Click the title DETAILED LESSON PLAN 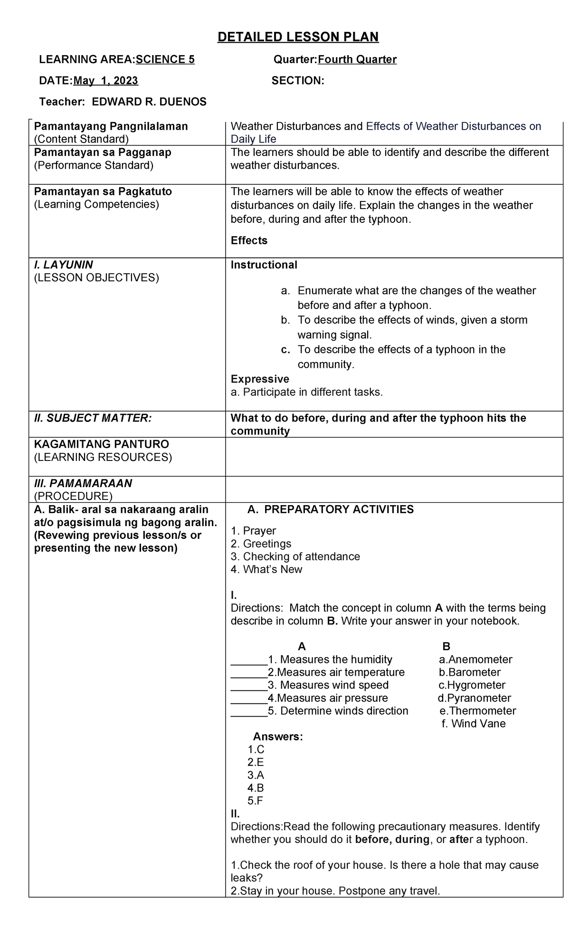coord(298,37)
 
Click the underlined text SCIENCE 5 coord(165,59)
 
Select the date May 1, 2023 coord(105,81)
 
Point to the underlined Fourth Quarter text coord(357,59)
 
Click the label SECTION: coord(298,81)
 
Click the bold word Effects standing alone coord(249,240)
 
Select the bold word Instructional coord(264,265)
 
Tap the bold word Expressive coord(260,379)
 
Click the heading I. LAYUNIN coord(63,265)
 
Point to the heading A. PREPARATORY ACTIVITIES coord(331,509)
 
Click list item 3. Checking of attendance coord(295,556)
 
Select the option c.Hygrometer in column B coord(472,685)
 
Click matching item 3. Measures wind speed coord(328,685)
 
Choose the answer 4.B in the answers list coord(256,788)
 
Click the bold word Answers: coord(278,737)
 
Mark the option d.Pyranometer coord(474,698)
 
